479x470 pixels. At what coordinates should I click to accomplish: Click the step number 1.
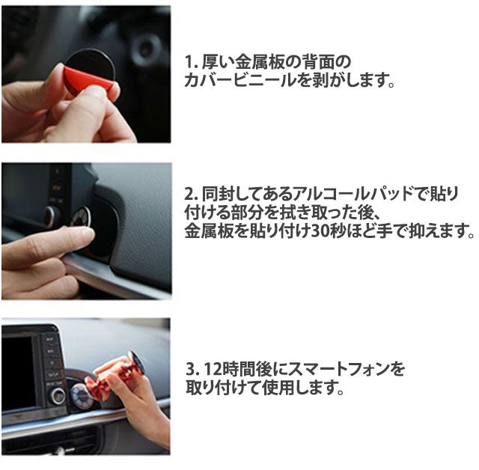pos(189,62)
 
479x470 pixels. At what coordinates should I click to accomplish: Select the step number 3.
pos(192,369)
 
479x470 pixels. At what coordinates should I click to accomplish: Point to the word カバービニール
pos(238,80)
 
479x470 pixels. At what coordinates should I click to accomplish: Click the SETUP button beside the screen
pos(53,374)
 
